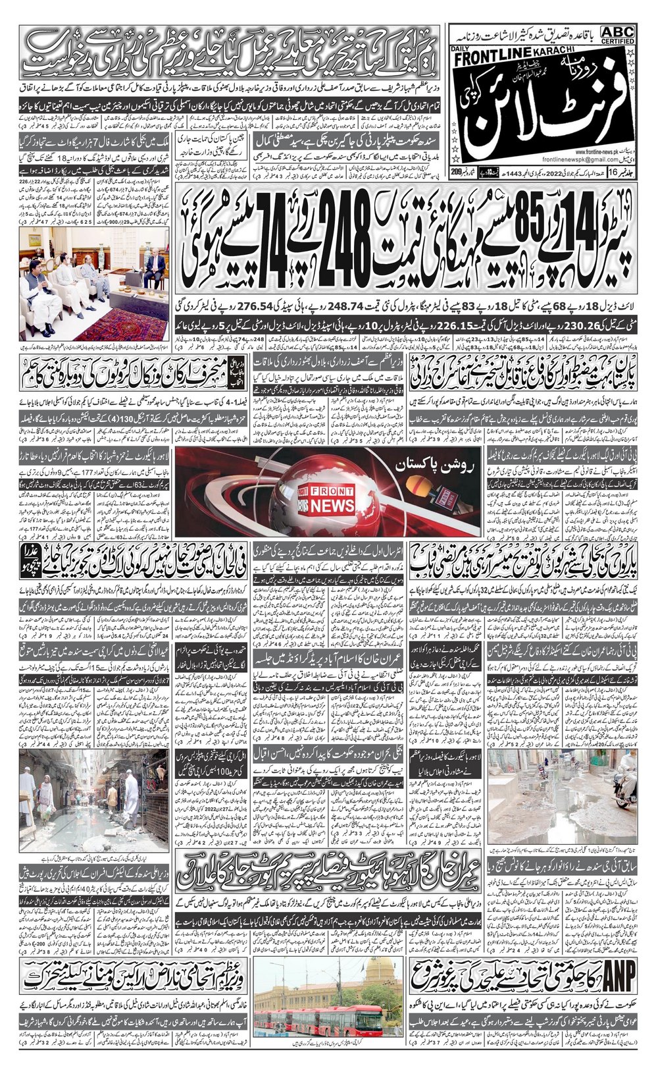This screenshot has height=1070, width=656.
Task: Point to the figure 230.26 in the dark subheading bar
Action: tap(586, 324)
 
